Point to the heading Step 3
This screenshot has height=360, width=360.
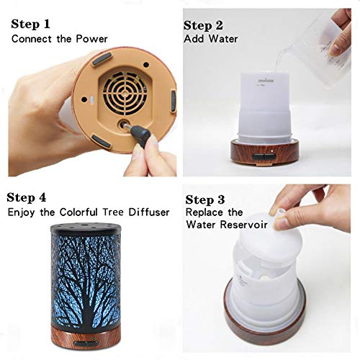click(210, 199)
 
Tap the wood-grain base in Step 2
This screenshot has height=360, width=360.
click(260, 150)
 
